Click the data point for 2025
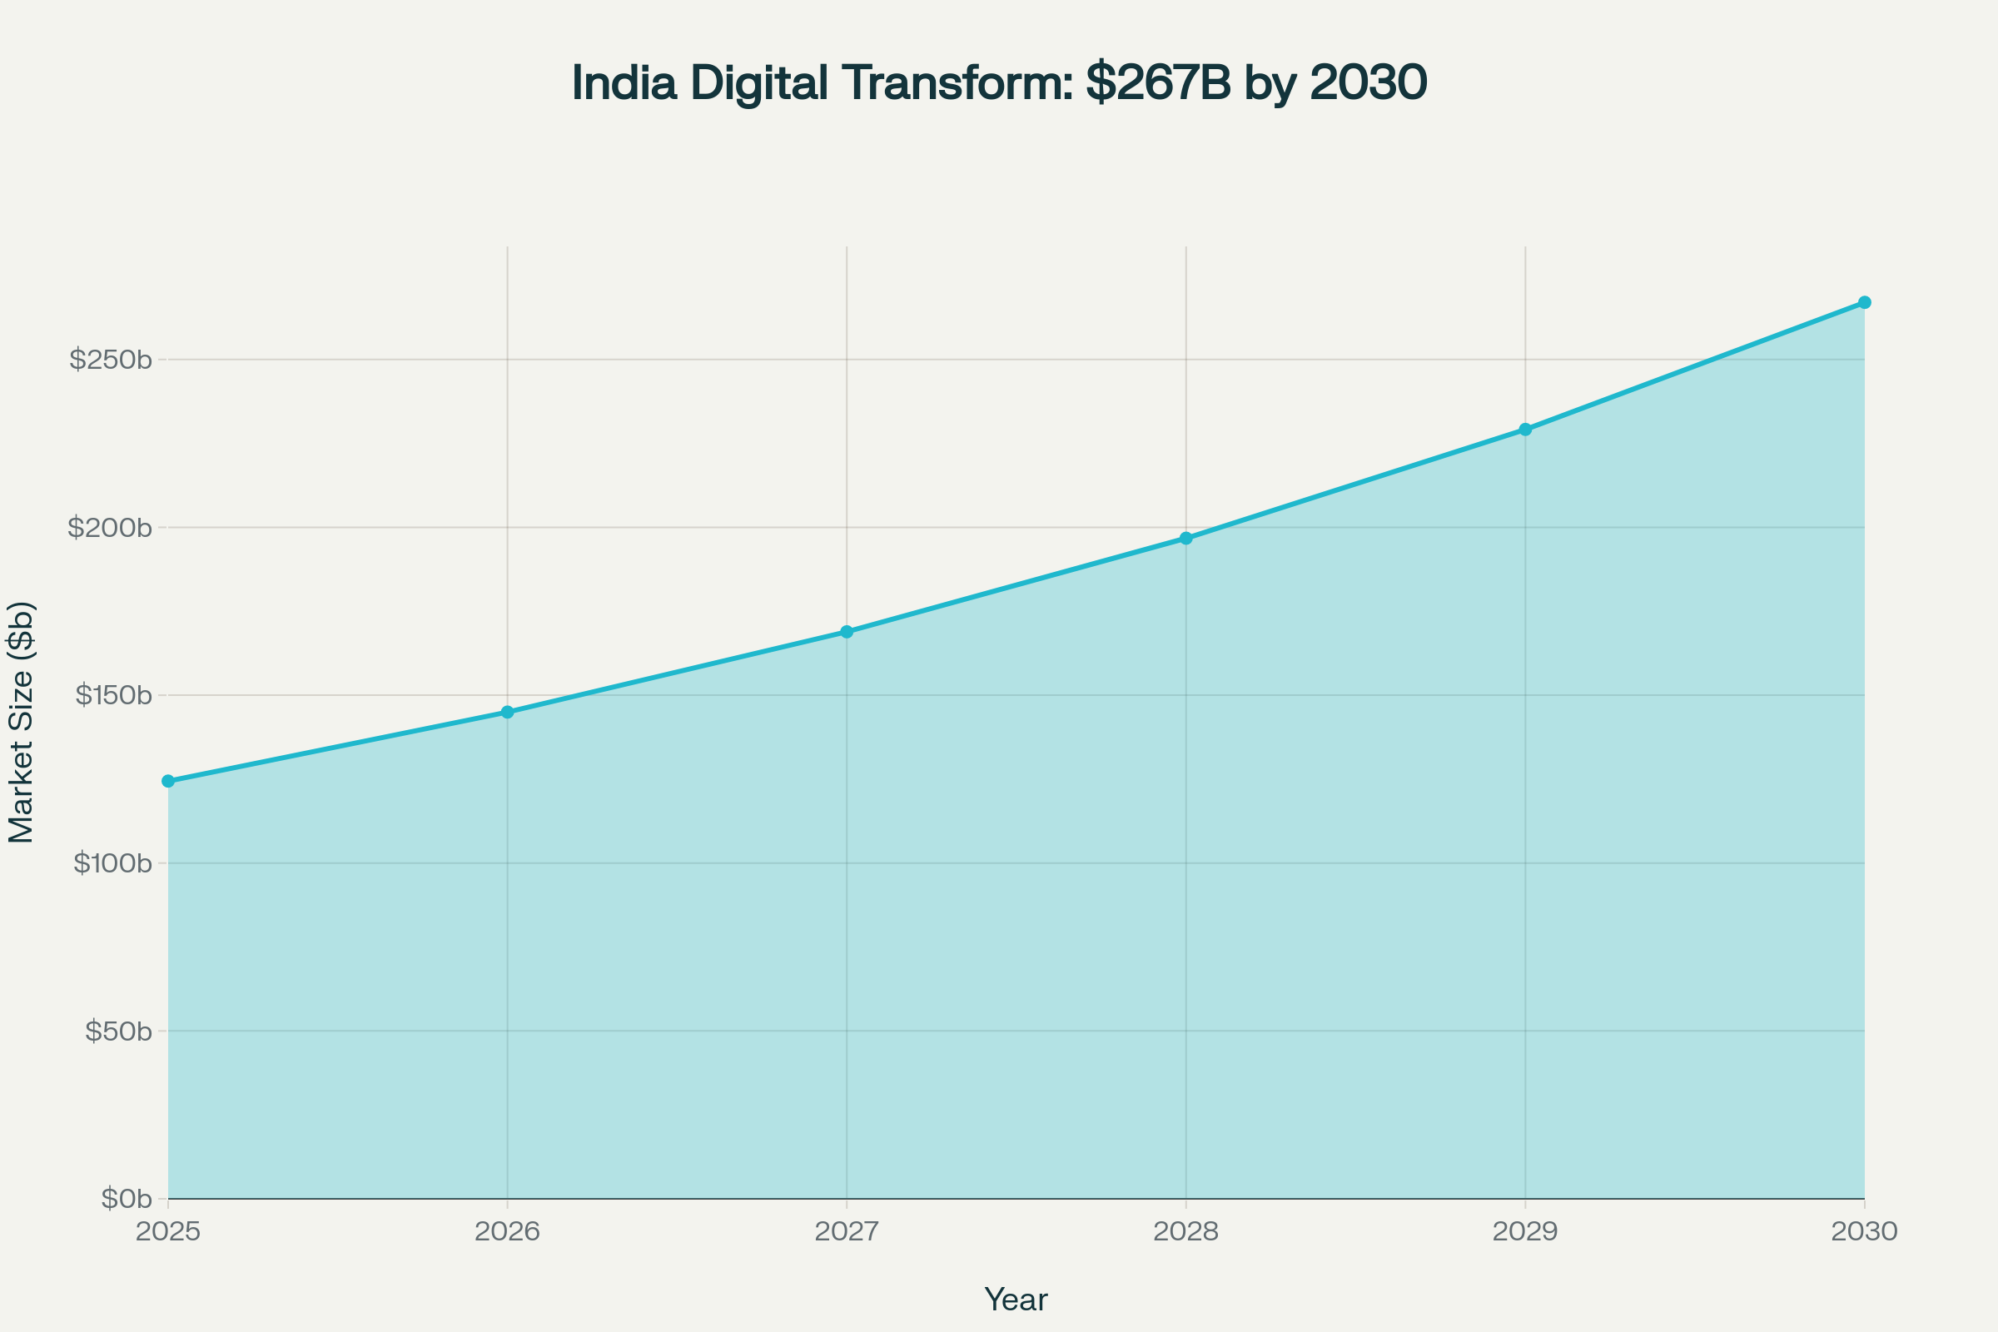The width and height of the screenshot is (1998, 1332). click(x=168, y=781)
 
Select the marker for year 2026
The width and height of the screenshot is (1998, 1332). click(x=507, y=712)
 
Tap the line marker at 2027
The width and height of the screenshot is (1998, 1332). click(x=847, y=632)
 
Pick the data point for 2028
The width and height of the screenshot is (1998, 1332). click(x=1185, y=539)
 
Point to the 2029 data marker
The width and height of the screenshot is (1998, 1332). click(x=1526, y=430)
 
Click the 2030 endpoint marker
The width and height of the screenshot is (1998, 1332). click(x=1865, y=302)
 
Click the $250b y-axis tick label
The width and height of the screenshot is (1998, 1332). click(x=112, y=360)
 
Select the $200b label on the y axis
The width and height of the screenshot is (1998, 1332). click(x=111, y=529)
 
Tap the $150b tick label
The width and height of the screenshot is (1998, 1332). click(x=114, y=696)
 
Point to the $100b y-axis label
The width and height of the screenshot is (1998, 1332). click(x=113, y=864)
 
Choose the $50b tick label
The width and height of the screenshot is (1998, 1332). click(x=118, y=1032)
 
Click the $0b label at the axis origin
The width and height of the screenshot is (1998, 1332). click(x=126, y=1200)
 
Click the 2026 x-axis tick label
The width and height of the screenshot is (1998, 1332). click(x=507, y=1232)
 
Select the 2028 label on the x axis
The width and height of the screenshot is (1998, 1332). click(x=1185, y=1232)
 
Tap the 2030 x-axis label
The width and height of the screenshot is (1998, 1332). click(x=1865, y=1232)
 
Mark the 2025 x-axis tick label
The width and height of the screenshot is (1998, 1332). click(x=168, y=1232)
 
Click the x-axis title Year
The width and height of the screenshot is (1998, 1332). click(x=1016, y=1300)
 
